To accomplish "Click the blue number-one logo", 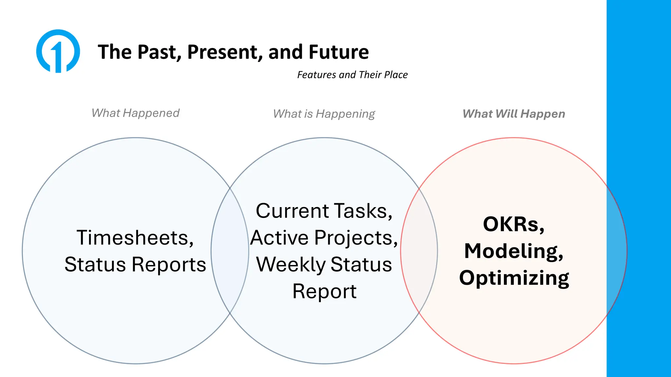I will coord(58,51).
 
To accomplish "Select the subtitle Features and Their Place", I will coord(352,75).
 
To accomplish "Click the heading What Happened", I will coord(135,113).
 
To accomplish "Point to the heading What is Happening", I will coord(324,114).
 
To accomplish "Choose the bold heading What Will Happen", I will coord(513,114).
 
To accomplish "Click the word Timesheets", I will coord(135,238).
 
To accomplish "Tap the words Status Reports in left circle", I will coord(135,264).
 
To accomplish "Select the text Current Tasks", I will coord(324,211).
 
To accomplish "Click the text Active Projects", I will coord(324,238).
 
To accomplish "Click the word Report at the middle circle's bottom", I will coord(324,291).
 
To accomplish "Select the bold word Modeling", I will coord(513,251).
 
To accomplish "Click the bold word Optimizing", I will coord(514,278).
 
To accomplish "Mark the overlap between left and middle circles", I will coord(230,251).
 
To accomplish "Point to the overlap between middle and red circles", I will coord(419,251).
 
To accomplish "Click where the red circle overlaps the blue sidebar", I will coord(616,251).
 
